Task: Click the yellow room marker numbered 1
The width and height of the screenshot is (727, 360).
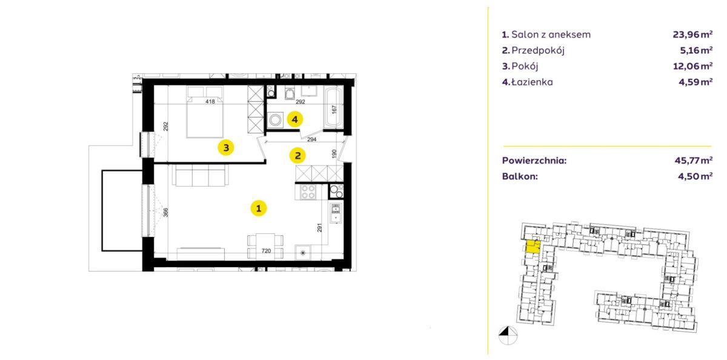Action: tap(259, 208)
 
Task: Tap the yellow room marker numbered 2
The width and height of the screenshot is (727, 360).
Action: tap(297, 156)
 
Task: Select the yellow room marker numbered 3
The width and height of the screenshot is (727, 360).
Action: tap(226, 148)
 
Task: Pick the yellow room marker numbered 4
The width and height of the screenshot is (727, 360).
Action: tap(294, 119)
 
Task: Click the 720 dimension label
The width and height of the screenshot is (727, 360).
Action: tap(266, 251)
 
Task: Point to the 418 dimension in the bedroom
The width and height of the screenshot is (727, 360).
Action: tap(210, 102)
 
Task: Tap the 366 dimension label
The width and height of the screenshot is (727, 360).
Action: tap(165, 212)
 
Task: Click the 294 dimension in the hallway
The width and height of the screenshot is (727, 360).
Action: tap(311, 139)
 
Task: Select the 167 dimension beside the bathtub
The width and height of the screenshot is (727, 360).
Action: tap(334, 110)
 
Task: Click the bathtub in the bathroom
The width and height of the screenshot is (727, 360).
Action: tap(334, 107)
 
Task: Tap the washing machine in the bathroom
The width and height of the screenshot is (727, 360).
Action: tap(276, 120)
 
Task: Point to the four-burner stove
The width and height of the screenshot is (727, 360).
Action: tap(308, 192)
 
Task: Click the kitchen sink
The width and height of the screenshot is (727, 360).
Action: tap(336, 213)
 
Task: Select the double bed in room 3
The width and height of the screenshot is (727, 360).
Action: tap(205, 112)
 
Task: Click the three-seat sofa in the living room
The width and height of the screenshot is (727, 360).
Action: tap(201, 175)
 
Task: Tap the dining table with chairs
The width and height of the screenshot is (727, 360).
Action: tap(265, 247)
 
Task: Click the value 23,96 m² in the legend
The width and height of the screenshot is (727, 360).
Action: tap(692, 34)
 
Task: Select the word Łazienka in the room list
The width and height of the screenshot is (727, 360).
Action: tap(532, 82)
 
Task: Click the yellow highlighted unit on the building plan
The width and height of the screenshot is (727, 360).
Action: tap(533, 247)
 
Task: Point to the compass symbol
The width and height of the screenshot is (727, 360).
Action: tap(508, 335)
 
